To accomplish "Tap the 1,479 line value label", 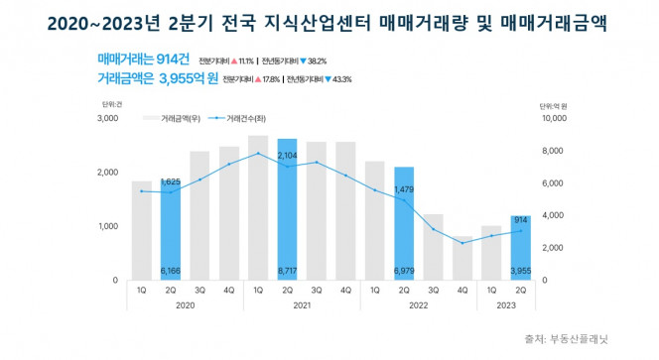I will [404, 189].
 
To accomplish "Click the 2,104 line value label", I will [287, 156].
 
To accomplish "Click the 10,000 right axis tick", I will [552, 119].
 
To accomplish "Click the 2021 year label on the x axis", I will [302, 307].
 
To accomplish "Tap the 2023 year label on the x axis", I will [506, 307].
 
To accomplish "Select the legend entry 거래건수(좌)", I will [247, 119].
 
